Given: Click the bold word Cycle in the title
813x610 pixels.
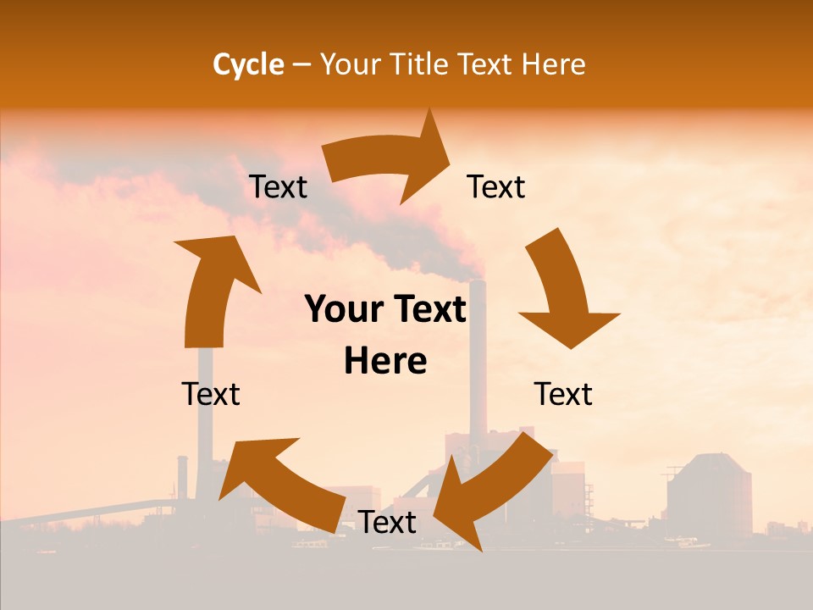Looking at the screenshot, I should (x=248, y=64).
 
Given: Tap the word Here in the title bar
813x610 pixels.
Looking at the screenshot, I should (x=554, y=64).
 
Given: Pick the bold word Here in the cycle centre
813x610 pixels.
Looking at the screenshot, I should (x=385, y=362).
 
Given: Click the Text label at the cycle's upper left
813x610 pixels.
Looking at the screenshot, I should (x=278, y=187).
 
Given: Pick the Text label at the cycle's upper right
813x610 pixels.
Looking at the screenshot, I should (x=496, y=187).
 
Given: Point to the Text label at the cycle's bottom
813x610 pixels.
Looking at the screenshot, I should (x=387, y=523).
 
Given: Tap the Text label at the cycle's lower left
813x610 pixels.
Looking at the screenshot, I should (x=211, y=394).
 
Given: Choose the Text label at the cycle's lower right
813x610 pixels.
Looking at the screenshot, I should (x=563, y=394).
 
